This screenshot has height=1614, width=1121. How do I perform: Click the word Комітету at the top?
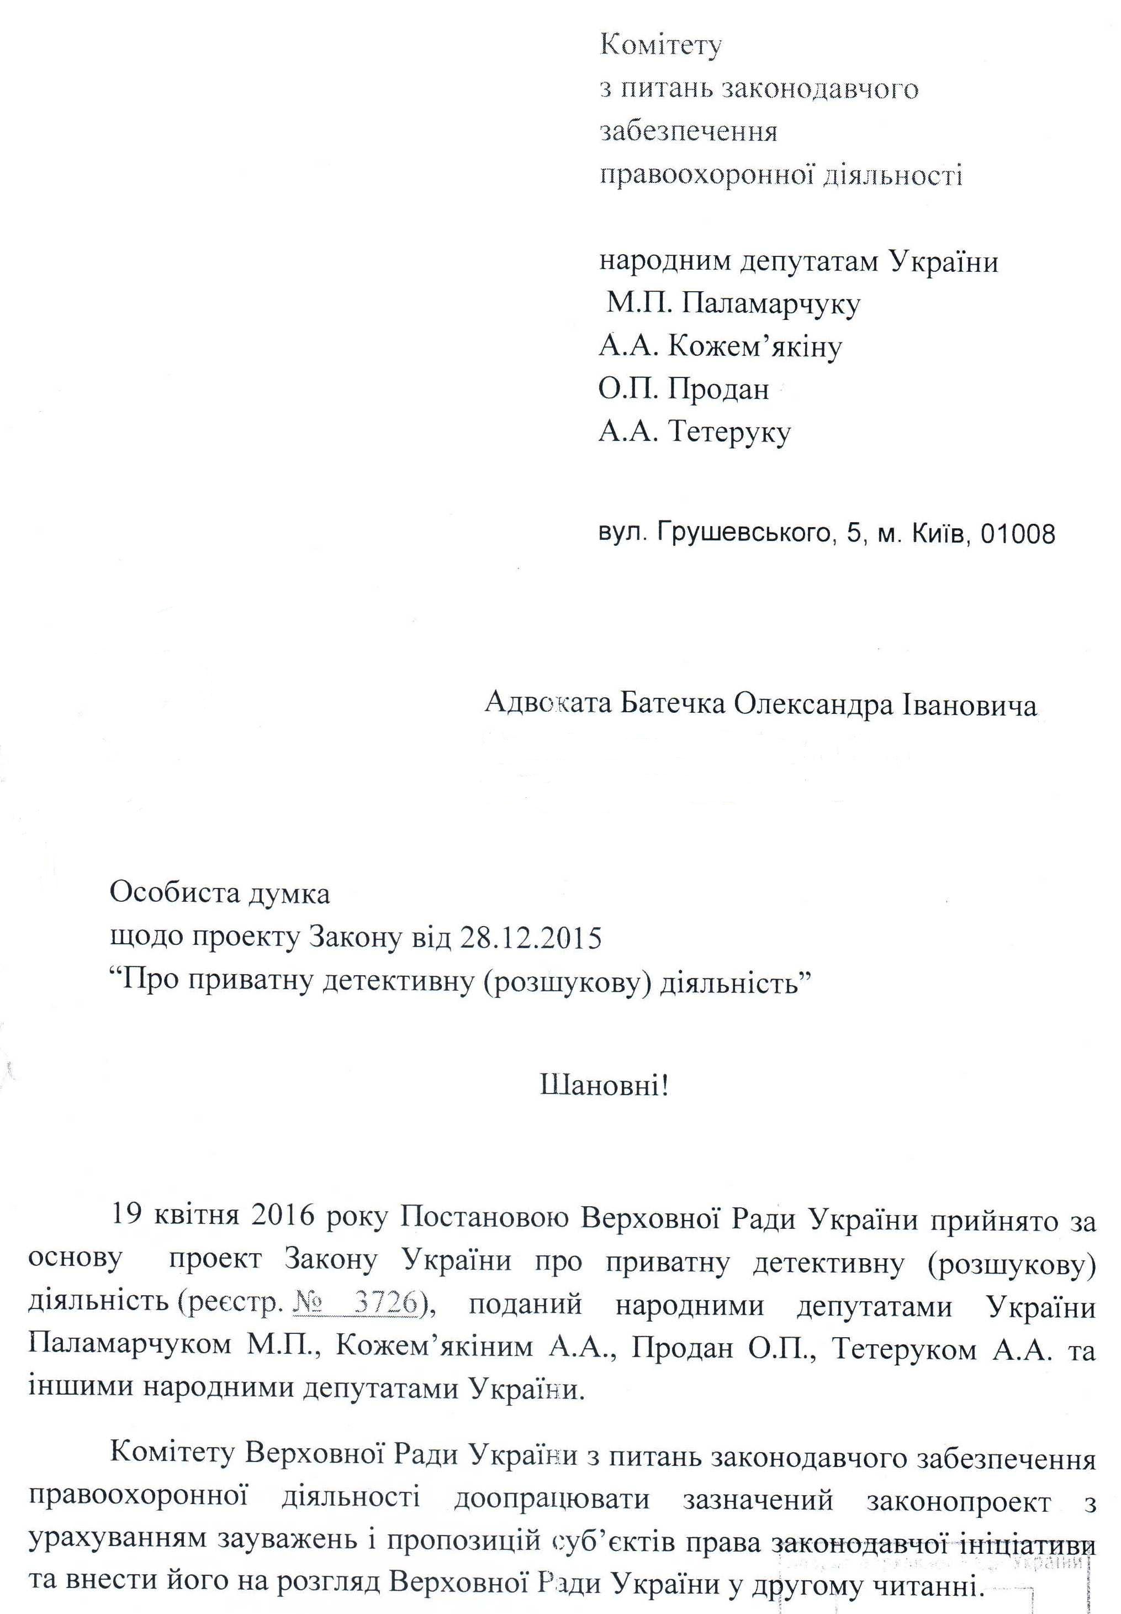pyautogui.click(x=661, y=46)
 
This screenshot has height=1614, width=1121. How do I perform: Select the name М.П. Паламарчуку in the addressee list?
pyautogui.click(x=733, y=304)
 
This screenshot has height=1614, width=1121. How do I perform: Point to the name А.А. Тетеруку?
pyautogui.click(x=695, y=431)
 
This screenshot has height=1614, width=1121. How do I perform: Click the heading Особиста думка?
pyautogui.click(x=220, y=894)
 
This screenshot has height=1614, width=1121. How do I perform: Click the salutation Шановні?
pyautogui.click(x=604, y=1087)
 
